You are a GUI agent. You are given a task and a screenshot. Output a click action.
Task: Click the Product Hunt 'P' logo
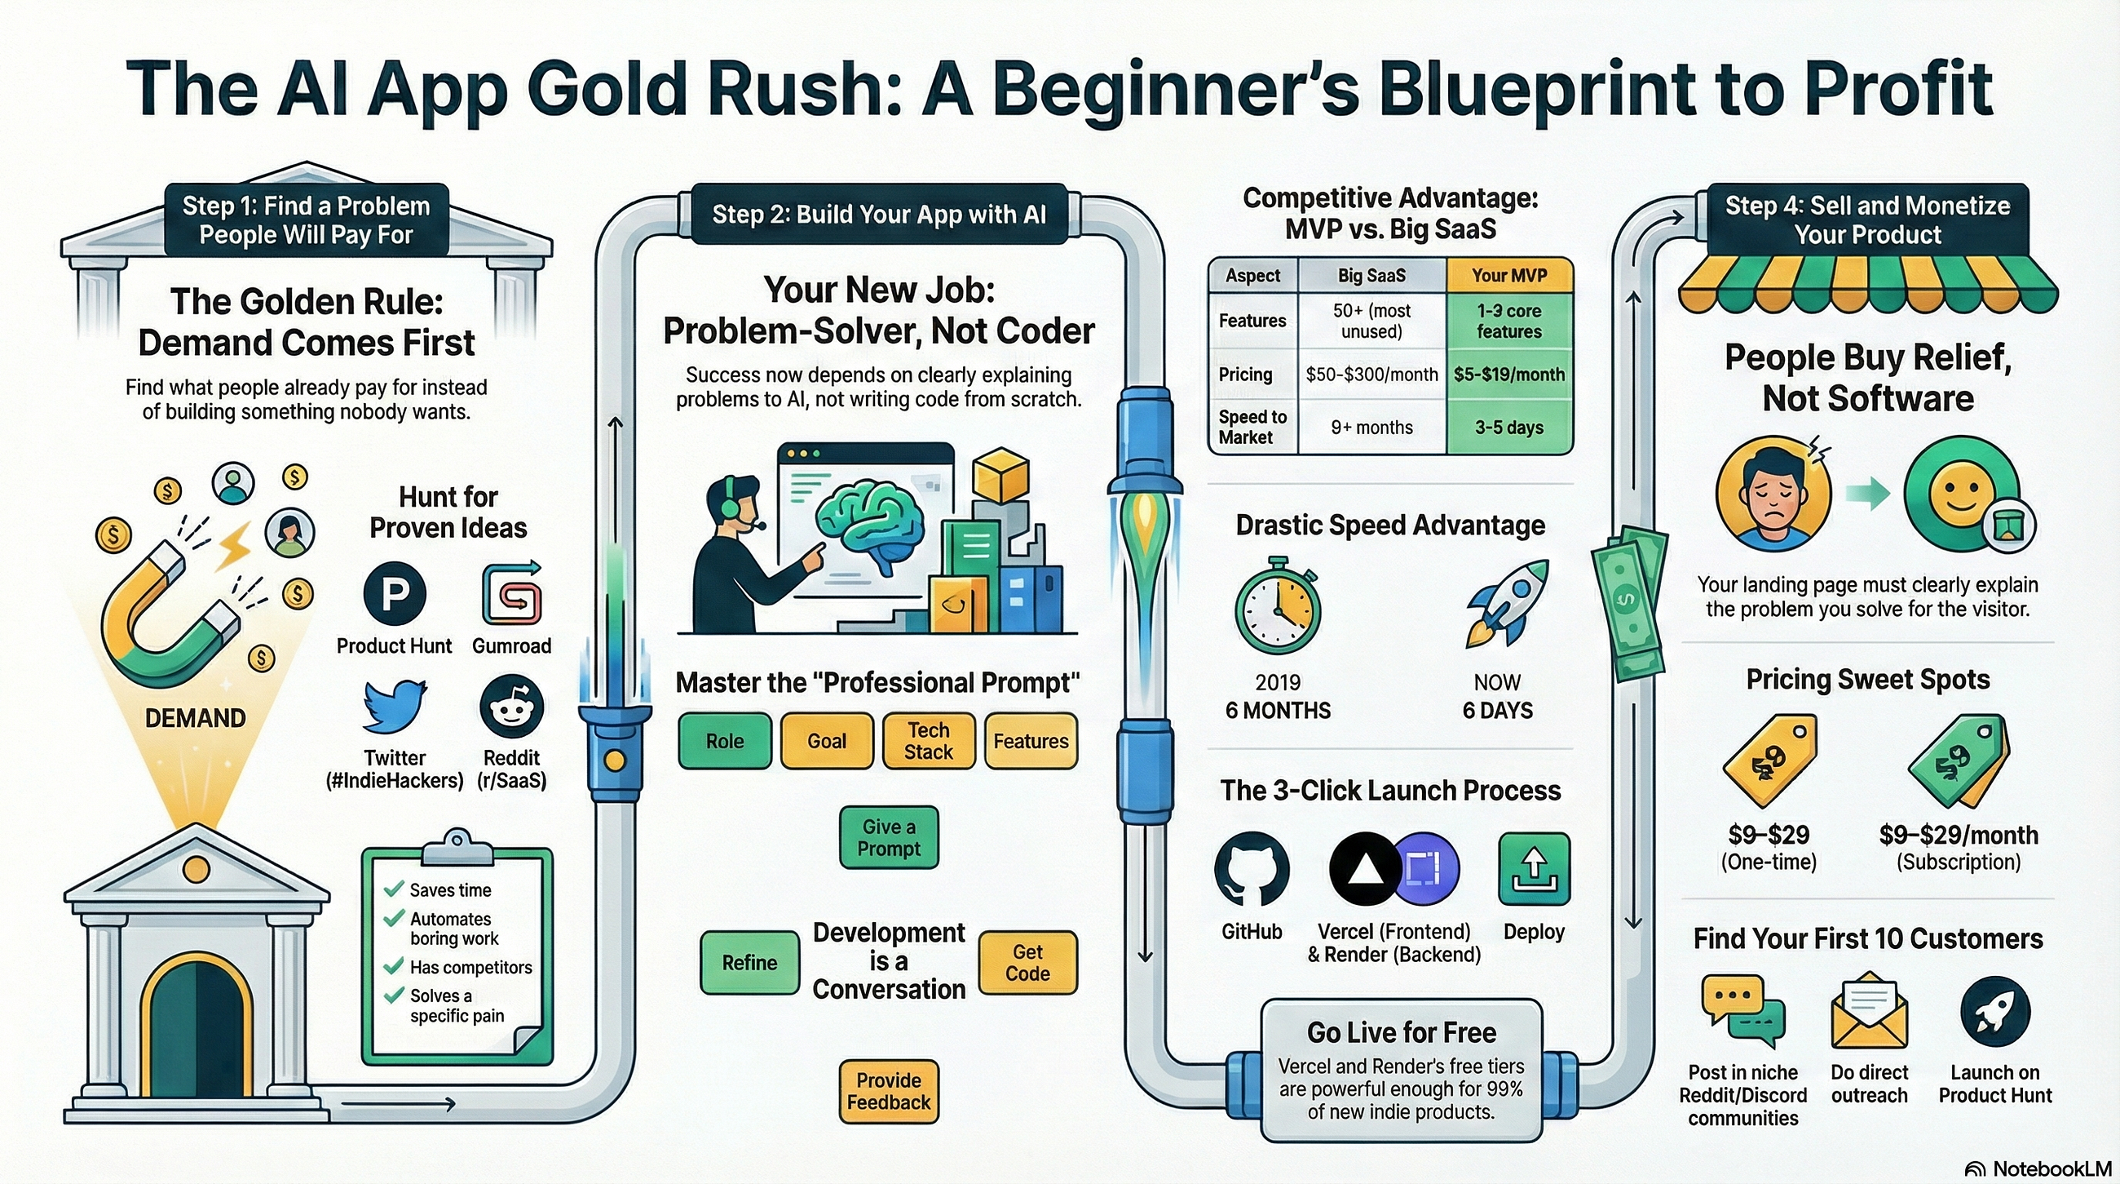tap(394, 593)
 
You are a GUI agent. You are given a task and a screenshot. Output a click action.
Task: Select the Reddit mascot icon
tap(511, 707)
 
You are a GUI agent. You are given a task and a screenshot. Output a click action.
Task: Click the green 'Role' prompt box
tap(725, 741)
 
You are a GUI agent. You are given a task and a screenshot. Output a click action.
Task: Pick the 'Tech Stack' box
tap(929, 741)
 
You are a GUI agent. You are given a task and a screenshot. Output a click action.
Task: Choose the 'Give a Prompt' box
tap(889, 837)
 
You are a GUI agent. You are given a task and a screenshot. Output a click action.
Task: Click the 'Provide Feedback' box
tap(889, 1092)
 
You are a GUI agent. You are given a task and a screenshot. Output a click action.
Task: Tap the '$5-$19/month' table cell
tap(1509, 375)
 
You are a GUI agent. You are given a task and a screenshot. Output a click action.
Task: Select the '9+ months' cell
tap(1372, 428)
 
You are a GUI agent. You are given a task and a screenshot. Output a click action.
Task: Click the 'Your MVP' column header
tap(1509, 275)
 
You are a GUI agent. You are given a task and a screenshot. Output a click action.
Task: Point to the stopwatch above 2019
tap(1278, 606)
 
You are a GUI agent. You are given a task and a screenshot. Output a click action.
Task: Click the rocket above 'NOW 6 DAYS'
tap(1508, 603)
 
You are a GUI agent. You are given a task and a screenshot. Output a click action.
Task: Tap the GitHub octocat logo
tap(1252, 869)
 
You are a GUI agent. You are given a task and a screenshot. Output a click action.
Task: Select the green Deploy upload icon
tap(1534, 869)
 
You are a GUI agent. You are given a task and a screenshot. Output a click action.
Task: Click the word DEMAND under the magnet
tap(195, 718)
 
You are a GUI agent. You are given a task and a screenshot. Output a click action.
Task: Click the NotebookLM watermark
tap(2038, 1169)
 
